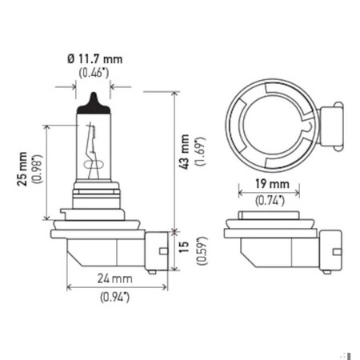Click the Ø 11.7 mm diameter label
[x=95, y=60]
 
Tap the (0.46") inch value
[x=95, y=74]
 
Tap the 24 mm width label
[x=115, y=278]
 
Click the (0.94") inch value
[x=115, y=298]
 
